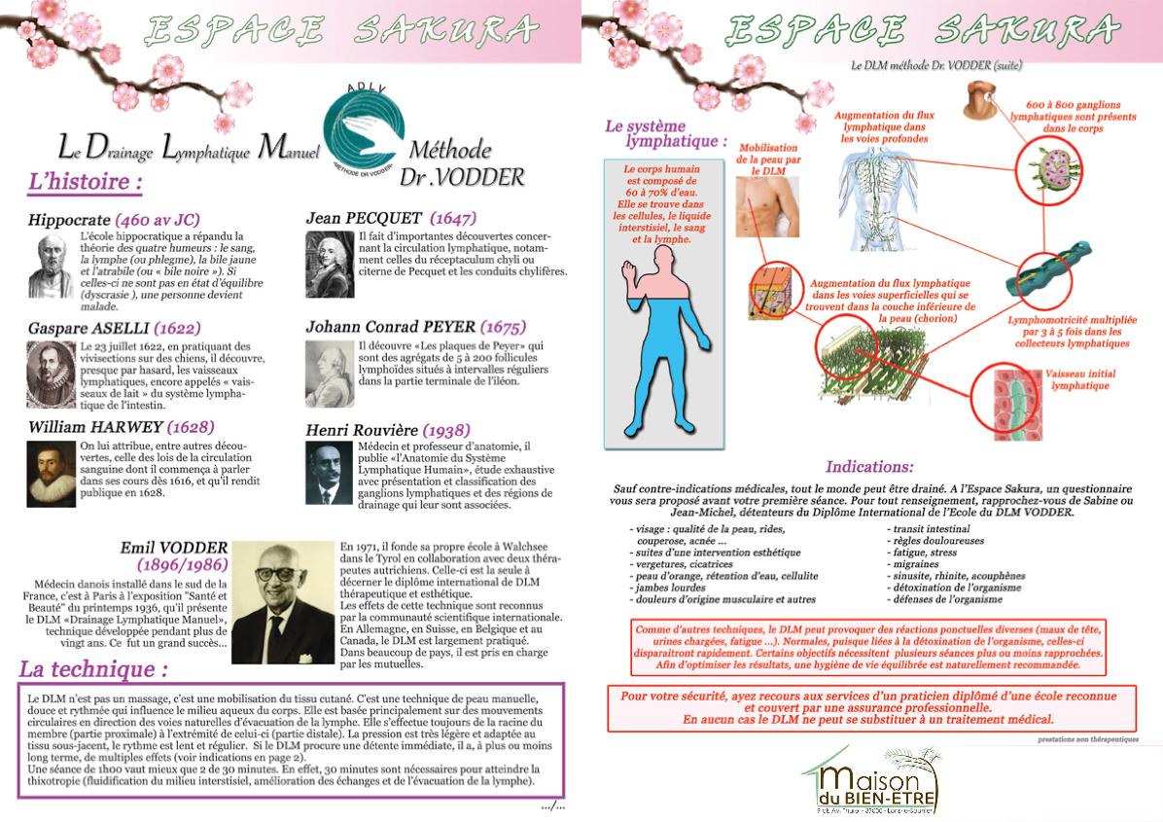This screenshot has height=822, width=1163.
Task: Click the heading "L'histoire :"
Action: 87,182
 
